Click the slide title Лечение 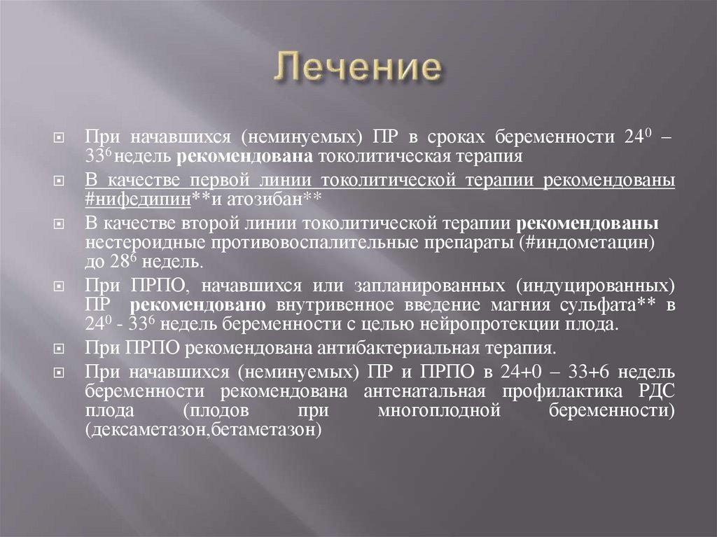point(358,69)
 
